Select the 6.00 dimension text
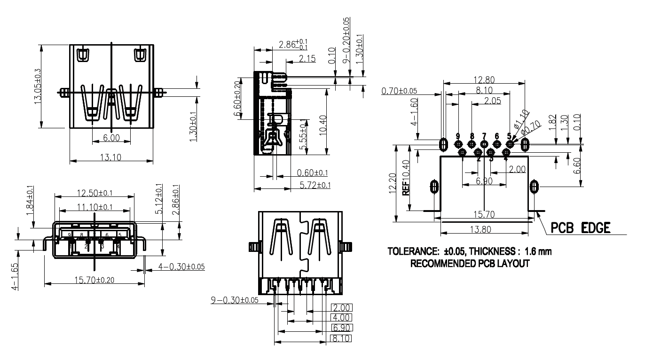click(x=111, y=138)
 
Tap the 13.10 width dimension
click(x=111, y=158)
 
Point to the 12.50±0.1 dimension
click(x=94, y=193)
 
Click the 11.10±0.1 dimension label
click(x=94, y=207)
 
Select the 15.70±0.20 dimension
click(x=94, y=280)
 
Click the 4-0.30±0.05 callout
click(x=181, y=266)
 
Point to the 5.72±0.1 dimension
click(x=315, y=186)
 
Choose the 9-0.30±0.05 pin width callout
click(x=234, y=300)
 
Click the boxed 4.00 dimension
click(x=341, y=317)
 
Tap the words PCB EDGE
click(x=581, y=228)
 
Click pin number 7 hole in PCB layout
click(x=485, y=144)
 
